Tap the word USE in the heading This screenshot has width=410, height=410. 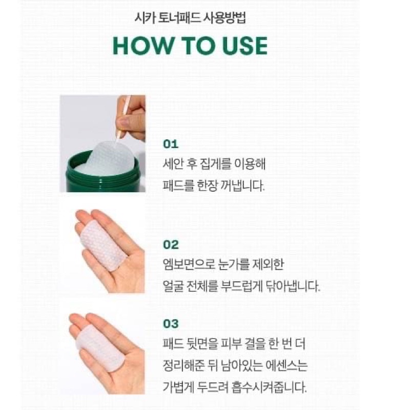pos(245,46)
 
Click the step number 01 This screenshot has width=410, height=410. pos(171,144)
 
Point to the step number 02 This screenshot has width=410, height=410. pos(171,245)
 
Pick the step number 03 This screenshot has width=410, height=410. pos(171,324)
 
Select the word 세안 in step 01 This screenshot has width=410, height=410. pos(173,164)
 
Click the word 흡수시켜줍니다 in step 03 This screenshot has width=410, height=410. pos(269,387)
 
